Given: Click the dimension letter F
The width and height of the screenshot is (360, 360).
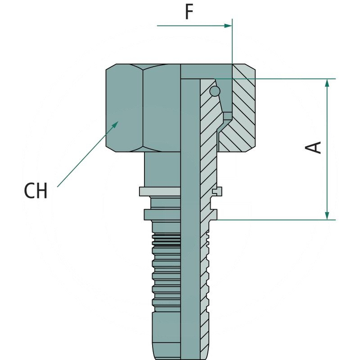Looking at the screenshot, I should (189, 12).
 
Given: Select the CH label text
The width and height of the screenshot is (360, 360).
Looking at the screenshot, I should (36, 191).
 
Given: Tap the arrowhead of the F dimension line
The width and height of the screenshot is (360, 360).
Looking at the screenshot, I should (228, 26).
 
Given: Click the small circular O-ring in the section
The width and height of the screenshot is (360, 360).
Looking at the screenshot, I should (215, 91).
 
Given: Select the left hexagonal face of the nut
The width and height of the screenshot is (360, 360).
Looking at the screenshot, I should (125, 108).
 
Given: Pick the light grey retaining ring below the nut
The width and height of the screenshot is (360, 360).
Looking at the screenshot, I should (160, 192).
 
